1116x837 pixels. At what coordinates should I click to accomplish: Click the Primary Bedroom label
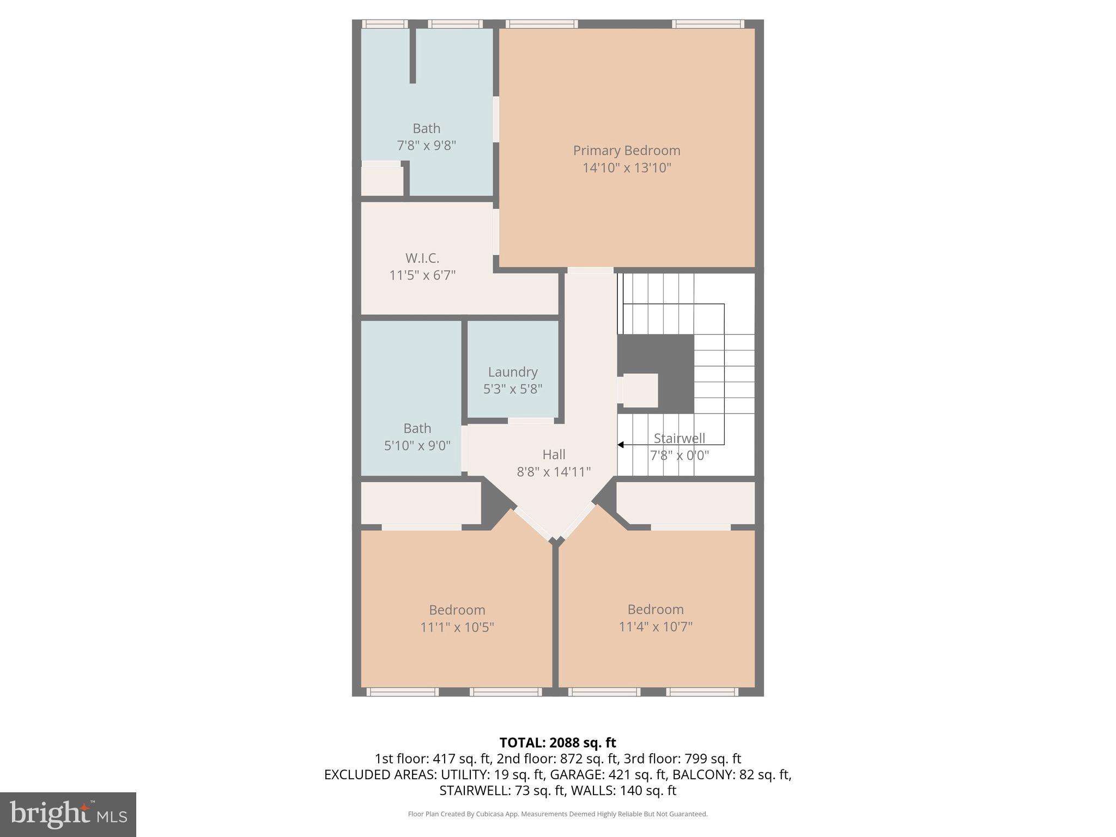[x=626, y=150]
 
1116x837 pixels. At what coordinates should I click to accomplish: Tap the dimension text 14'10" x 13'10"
[x=626, y=168]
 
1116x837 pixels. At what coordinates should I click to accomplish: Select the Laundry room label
[x=512, y=372]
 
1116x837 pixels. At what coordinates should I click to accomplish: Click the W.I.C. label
[x=422, y=258]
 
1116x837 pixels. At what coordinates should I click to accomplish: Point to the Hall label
[x=554, y=454]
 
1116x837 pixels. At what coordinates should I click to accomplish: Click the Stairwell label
[x=679, y=438]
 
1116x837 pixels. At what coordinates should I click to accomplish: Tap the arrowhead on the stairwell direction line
[x=621, y=445]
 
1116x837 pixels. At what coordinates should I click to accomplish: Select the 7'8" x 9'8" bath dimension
[x=426, y=145]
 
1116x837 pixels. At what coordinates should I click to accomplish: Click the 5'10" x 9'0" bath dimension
[x=417, y=446]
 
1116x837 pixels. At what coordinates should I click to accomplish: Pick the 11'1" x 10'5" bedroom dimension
[x=457, y=627]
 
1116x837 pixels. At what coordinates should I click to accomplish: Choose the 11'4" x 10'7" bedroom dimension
[x=655, y=627]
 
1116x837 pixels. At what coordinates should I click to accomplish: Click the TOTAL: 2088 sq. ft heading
[x=557, y=743]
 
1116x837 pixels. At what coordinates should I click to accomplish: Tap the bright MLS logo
[x=68, y=815]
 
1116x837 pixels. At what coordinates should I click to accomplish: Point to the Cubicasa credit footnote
[x=557, y=814]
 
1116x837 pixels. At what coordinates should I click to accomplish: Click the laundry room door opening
[x=531, y=421]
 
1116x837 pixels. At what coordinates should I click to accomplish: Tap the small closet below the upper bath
[x=382, y=180]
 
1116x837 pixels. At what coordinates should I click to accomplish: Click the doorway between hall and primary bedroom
[x=590, y=270]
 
